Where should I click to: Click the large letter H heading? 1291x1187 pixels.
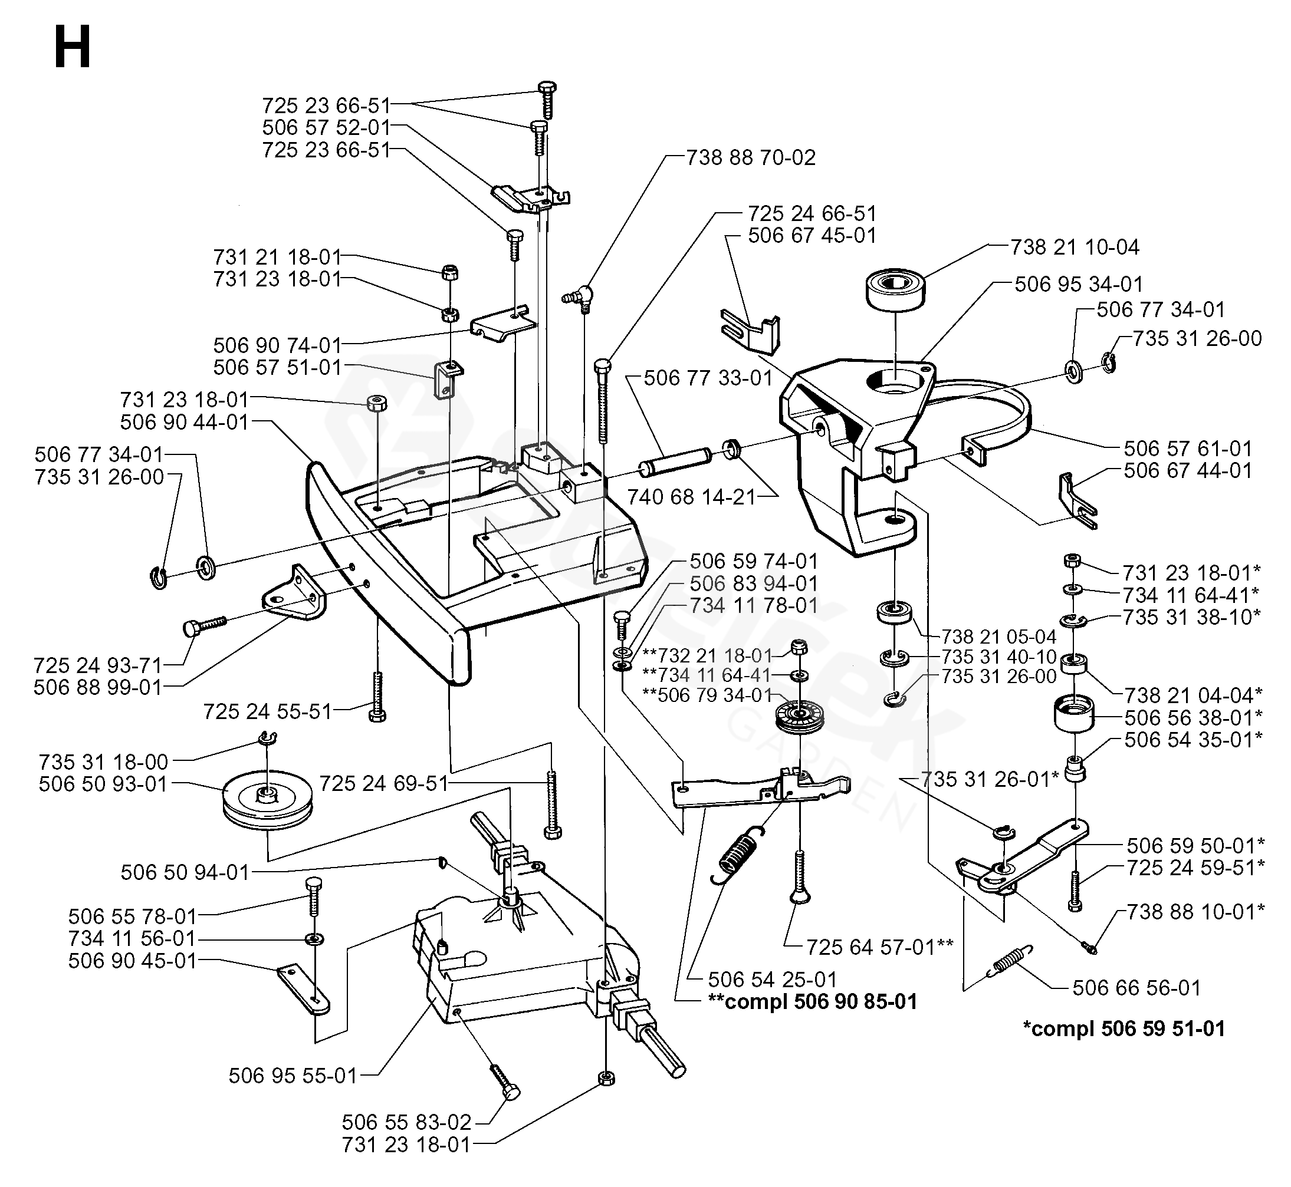(x=72, y=48)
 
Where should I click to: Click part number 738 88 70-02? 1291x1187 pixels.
(x=751, y=157)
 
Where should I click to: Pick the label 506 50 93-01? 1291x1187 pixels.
(x=103, y=784)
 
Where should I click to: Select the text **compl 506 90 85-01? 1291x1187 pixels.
(x=813, y=1001)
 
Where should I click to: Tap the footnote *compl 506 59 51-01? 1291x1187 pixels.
(x=1124, y=1028)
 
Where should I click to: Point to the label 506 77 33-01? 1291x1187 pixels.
(x=708, y=378)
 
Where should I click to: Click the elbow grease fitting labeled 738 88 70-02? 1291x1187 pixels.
(x=578, y=297)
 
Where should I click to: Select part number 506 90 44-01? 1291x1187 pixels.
(x=185, y=422)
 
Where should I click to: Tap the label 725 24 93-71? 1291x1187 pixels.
(x=98, y=665)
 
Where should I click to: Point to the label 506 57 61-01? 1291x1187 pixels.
(x=1188, y=449)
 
